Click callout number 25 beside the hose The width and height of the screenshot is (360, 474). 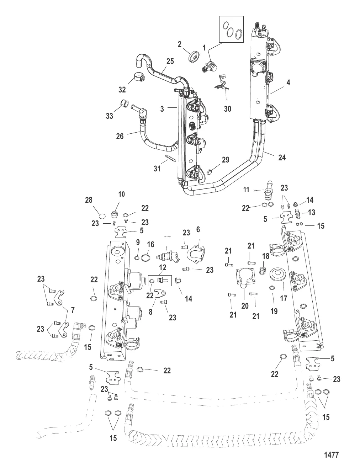click(170, 61)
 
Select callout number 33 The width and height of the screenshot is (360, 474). click(110, 116)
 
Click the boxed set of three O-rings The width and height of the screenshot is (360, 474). click(231, 29)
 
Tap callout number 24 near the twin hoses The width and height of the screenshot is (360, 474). click(282, 158)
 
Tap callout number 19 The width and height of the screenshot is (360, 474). click(274, 311)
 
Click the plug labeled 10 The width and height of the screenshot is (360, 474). click(115, 215)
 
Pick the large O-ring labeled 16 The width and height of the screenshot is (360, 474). click(145, 258)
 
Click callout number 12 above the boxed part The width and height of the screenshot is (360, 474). click(163, 267)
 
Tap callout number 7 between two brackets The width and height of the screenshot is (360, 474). click(73, 310)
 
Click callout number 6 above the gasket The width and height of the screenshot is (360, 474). click(198, 229)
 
